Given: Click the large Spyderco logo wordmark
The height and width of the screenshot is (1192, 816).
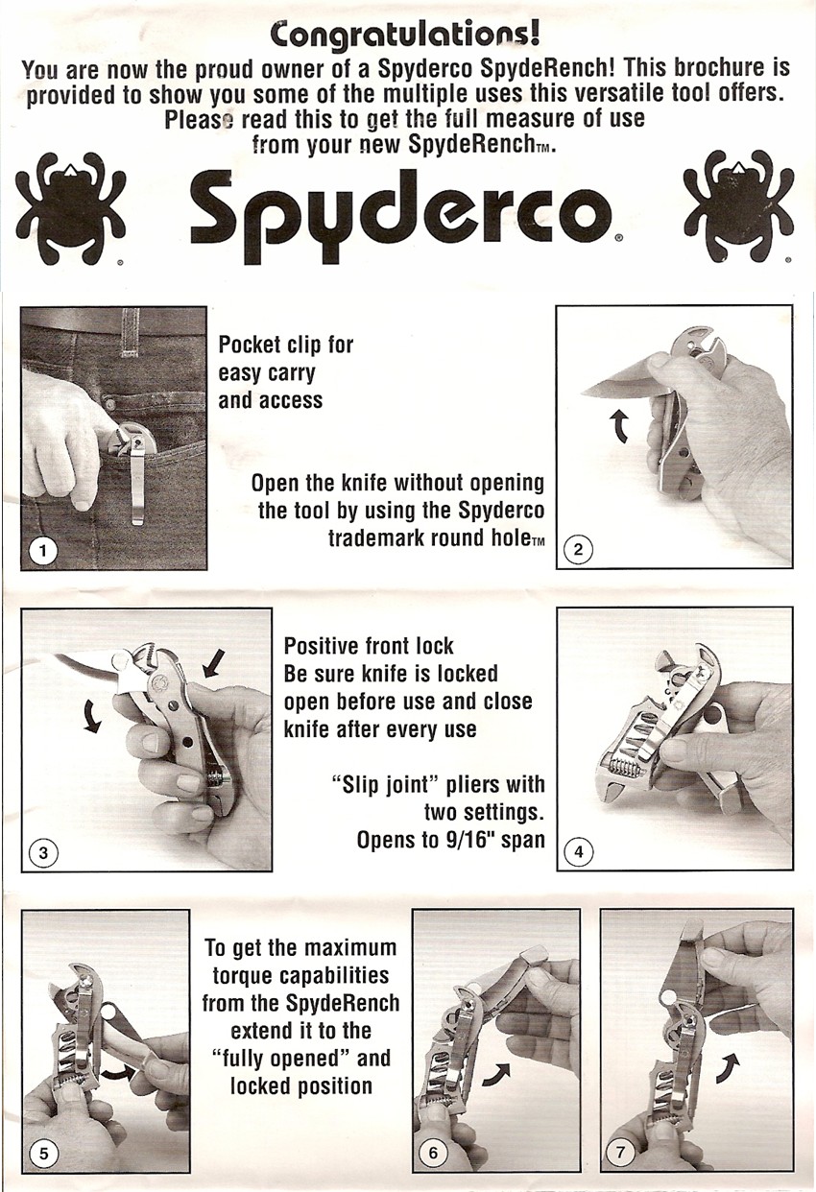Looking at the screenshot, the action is pyautogui.click(x=402, y=217).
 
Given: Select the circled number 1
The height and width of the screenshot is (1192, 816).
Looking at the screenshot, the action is pyautogui.click(x=43, y=551).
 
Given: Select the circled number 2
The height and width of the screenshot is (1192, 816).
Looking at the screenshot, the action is pyautogui.click(x=579, y=549).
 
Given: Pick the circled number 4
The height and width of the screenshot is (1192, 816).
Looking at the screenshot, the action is pyautogui.click(x=579, y=852).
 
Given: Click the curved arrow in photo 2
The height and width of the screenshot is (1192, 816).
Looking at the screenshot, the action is pyautogui.click(x=619, y=427).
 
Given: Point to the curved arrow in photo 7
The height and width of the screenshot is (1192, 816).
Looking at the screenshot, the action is pyautogui.click(x=729, y=1068).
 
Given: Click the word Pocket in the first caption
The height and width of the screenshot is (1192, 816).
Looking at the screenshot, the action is pyautogui.click(x=250, y=346).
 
